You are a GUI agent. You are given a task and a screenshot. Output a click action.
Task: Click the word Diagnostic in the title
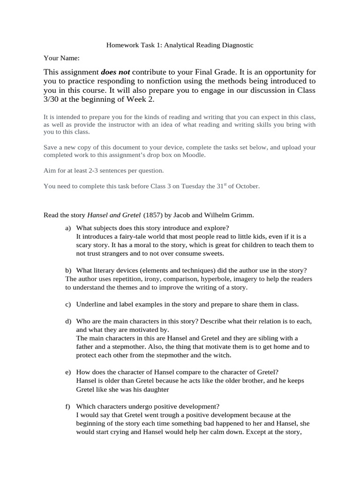tap(237, 45)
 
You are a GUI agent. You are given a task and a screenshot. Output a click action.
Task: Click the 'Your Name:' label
tap(61, 58)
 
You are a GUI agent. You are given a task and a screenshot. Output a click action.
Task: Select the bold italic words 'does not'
tap(116, 73)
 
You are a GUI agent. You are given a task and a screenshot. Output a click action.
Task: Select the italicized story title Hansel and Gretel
tap(114, 215)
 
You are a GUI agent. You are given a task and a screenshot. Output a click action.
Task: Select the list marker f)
tap(68, 406)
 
